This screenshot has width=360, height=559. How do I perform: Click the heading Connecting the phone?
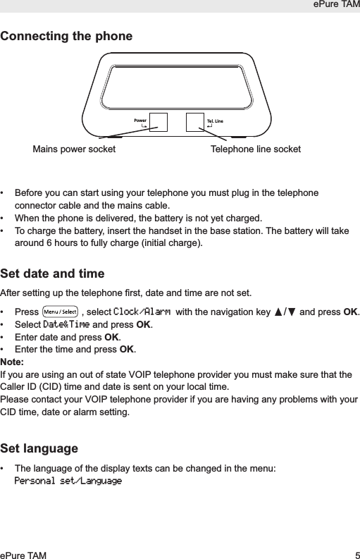click(x=66, y=36)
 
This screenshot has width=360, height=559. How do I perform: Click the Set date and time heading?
click(x=52, y=273)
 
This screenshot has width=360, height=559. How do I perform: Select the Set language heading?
click(x=39, y=448)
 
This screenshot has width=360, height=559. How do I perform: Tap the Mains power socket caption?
click(x=74, y=149)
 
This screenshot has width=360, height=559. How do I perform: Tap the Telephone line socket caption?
click(x=256, y=149)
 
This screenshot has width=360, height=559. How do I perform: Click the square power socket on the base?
click(x=159, y=122)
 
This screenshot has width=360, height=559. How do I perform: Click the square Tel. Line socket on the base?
click(x=194, y=122)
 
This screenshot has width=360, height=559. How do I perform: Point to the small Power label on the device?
click(x=139, y=121)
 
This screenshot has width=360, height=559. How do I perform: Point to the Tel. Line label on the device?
click(x=214, y=121)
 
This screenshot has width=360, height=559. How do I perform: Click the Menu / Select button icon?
click(x=60, y=311)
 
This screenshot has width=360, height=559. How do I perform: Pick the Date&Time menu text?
click(x=66, y=324)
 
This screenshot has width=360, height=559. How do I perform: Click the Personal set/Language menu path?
click(x=68, y=481)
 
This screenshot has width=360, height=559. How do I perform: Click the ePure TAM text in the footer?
click(x=23, y=555)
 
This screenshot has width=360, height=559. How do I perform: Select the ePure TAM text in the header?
click(x=336, y=6)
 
